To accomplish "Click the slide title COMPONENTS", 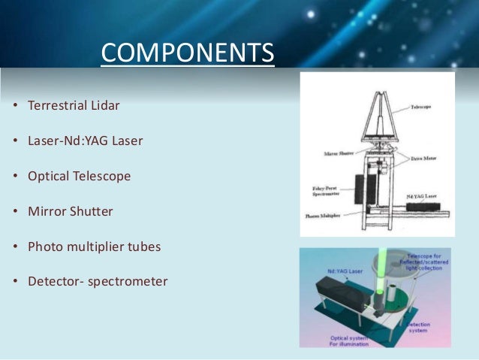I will pos(187,54).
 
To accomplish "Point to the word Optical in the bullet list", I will pos(47,176).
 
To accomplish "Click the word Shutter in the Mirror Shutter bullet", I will pos(92,211).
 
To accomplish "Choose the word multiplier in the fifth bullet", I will pos(96,247).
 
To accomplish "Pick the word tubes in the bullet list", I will pos(146,247).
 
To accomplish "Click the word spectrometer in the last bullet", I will pos(129,283).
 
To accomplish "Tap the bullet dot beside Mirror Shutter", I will pos(15,212).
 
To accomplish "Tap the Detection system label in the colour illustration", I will pos(419,328).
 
